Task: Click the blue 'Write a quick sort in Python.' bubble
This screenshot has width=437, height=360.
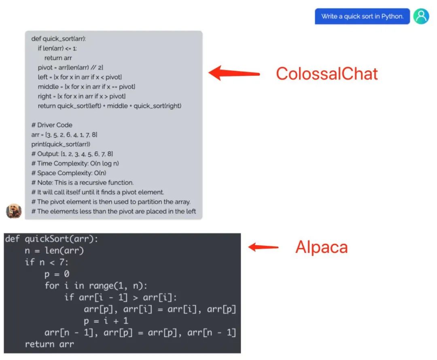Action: pyautogui.click(x=362, y=17)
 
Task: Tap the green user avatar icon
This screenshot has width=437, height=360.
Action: pyautogui.click(x=421, y=17)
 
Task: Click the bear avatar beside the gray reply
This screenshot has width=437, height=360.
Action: pyautogui.click(x=14, y=211)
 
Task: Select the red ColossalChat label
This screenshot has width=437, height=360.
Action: pyautogui.click(x=327, y=74)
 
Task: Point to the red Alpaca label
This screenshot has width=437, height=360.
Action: pyautogui.click(x=322, y=247)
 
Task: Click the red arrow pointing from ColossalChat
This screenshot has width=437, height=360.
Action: pyautogui.click(x=234, y=73)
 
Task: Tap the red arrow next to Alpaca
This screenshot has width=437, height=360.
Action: pyautogui.click(x=263, y=247)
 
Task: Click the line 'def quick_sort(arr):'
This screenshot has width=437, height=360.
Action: pyautogui.click(x=59, y=39)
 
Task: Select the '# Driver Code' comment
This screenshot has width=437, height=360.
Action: pyautogui.click(x=52, y=125)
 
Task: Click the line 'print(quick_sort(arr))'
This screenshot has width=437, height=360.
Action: pyautogui.click(x=61, y=144)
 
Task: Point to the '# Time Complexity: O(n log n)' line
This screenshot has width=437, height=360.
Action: pyautogui.click(x=75, y=163)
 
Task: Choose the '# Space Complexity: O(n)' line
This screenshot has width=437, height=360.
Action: pyautogui.click(x=69, y=173)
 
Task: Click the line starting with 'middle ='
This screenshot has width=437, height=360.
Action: pyautogui.click(x=87, y=87)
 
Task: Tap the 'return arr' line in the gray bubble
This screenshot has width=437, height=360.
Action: pyautogui.click(x=58, y=58)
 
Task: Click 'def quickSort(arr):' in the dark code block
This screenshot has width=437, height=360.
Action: pyautogui.click(x=51, y=239)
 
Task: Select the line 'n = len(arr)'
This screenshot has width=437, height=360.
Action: pyautogui.click(x=54, y=251)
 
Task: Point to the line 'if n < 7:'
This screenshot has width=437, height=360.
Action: pyautogui.click(x=47, y=263)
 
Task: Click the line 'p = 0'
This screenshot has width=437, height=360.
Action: pyautogui.click(x=57, y=274)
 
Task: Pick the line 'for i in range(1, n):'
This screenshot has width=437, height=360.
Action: pyautogui.click(x=96, y=286)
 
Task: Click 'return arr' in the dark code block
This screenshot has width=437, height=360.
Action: pyautogui.click(x=49, y=344)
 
